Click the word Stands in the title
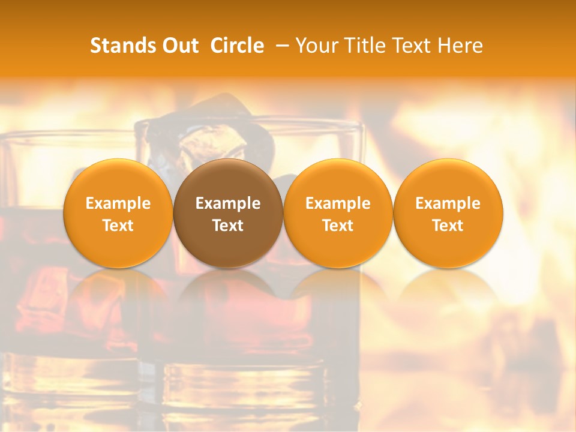(x=118, y=46)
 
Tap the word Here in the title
(x=460, y=46)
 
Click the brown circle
(x=228, y=213)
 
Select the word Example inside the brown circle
(x=228, y=203)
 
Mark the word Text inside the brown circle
(x=228, y=226)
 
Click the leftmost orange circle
(x=118, y=213)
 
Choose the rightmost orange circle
(x=448, y=213)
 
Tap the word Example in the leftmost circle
(x=118, y=203)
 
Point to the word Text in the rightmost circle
(x=448, y=226)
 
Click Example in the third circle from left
(x=338, y=203)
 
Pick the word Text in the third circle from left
(x=338, y=226)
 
